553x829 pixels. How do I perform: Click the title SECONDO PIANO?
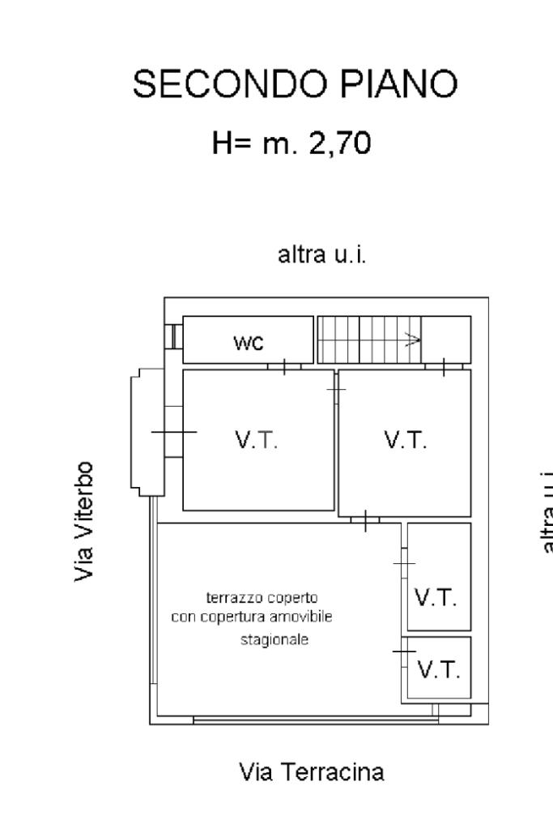tap(295, 84)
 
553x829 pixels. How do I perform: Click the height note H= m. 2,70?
tap(291, 143)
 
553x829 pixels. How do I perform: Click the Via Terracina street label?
tap(312, 772)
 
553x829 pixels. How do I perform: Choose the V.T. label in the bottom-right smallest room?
tap(439, 670)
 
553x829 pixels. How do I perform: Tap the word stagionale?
tap(275, 639)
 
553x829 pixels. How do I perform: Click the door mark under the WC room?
tap(284, 366)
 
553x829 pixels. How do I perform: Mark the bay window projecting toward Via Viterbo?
tap(146, 431)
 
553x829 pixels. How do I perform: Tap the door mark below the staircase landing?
tap(445, 366)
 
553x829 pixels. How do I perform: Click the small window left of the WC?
tap(172, 336)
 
